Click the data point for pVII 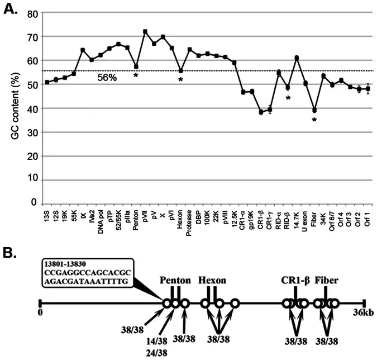[145, 32]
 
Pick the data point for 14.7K [297, 58]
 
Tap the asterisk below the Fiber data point [314, 120]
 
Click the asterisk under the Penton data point [136, 75]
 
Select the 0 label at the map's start [40, 313]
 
